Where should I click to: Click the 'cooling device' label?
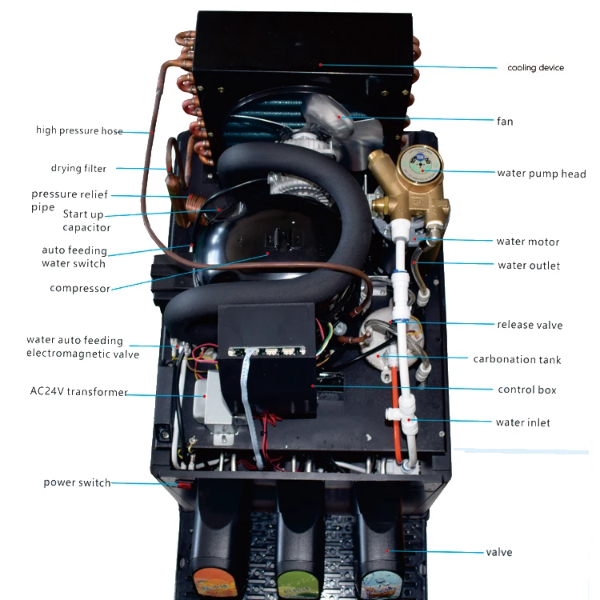pos(535,68)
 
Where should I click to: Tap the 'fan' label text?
pos(504,122)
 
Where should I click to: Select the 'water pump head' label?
pos(541,174)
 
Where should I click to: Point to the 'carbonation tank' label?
pos(517,359)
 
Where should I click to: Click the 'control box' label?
pos(526,390)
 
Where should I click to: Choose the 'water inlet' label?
pos(523,422)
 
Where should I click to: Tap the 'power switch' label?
pos(77,482)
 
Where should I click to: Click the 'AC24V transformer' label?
pos(78,391)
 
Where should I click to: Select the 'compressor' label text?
pos(79,289)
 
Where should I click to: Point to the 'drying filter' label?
pos(78,169)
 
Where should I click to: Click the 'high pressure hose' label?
pos(79,130)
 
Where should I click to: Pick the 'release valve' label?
pos(530,325)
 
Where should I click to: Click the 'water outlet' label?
pos(529,266)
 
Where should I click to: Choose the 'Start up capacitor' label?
pos(86,220)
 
